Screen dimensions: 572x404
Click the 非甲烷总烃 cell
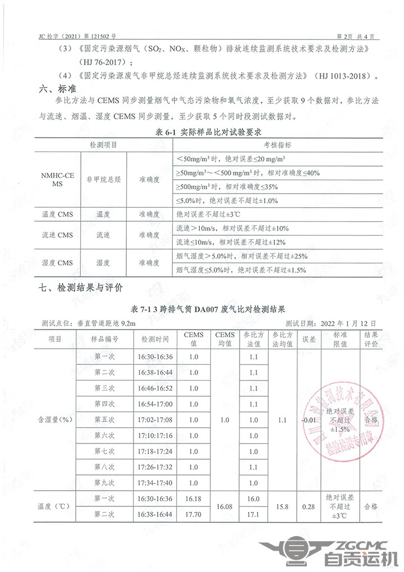tap(103, 180)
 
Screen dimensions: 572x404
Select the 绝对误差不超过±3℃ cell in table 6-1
tap(208, 214)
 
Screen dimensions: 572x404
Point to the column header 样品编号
tap(104, 340)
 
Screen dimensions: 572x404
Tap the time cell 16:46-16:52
tap(155, 388)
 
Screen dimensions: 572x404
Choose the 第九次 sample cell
tap(104, 482)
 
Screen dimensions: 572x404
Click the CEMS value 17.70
tap(194, 514)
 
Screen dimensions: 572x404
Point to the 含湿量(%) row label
tap(54, 419)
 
